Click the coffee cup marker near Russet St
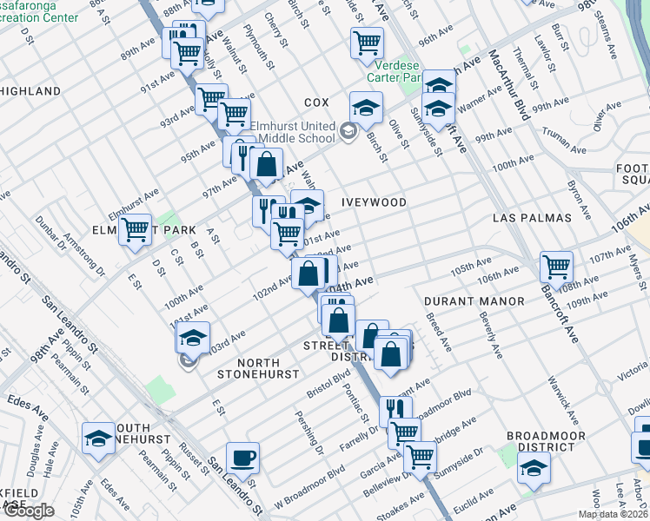(242, 458)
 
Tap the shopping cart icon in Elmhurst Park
(135, 230)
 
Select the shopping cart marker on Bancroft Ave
(556, 267)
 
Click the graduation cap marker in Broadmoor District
(533, 467)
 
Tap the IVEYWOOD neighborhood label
(375, 202)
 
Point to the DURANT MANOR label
(474, 301)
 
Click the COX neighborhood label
(316, 102)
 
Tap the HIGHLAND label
(30, 91)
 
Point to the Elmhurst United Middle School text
(293, 132)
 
